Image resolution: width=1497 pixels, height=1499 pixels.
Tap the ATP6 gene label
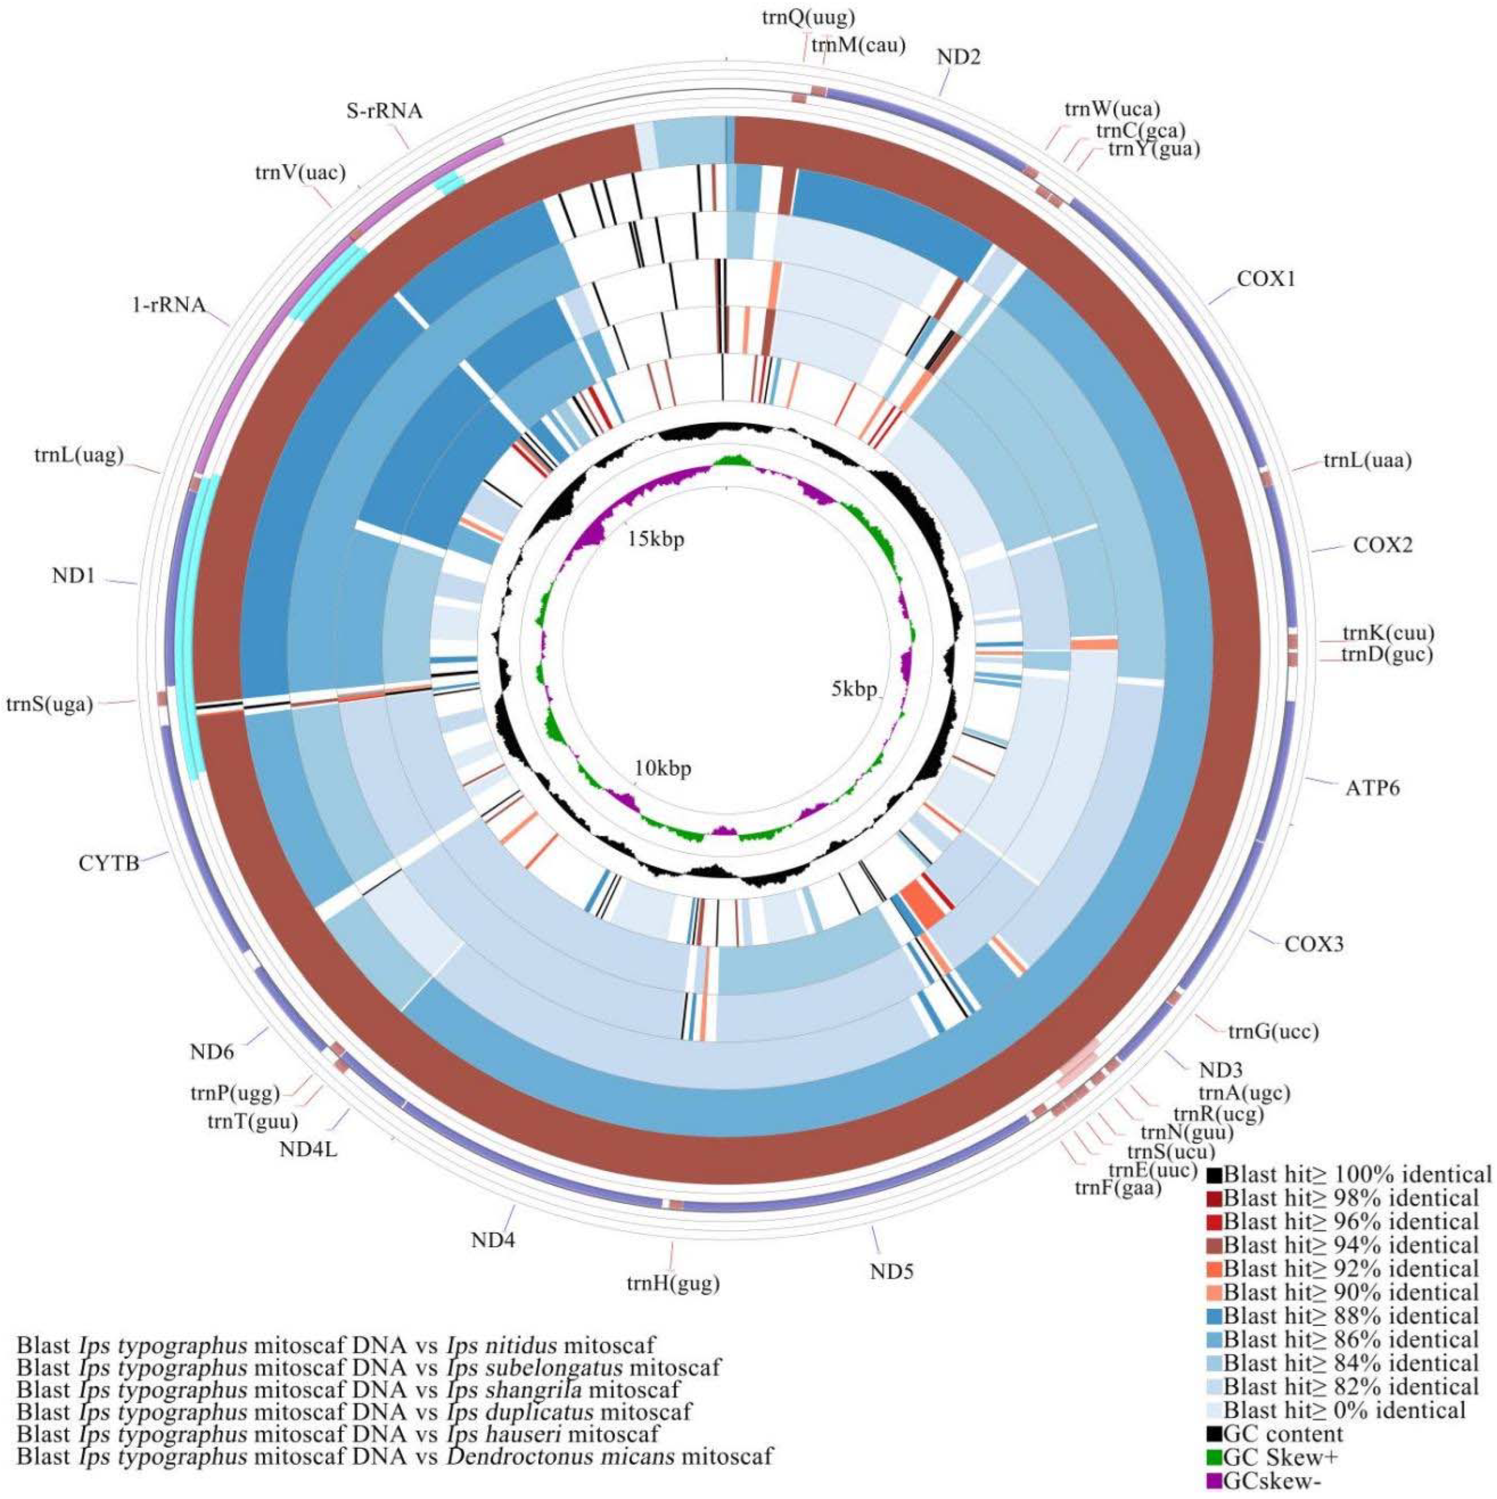pos(1373,789)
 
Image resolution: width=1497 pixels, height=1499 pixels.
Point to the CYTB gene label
pos(109,862)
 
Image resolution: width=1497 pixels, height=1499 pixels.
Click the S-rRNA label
pos(385,111)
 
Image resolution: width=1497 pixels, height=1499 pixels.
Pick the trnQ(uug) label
pos(809,17)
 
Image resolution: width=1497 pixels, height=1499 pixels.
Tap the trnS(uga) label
pos(49,705)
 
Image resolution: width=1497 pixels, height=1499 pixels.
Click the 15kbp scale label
pos(656,539)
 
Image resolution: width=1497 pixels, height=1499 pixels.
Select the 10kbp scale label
pos(662,769)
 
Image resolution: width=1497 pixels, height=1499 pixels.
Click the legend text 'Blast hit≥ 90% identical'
pos(1350,1292)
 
